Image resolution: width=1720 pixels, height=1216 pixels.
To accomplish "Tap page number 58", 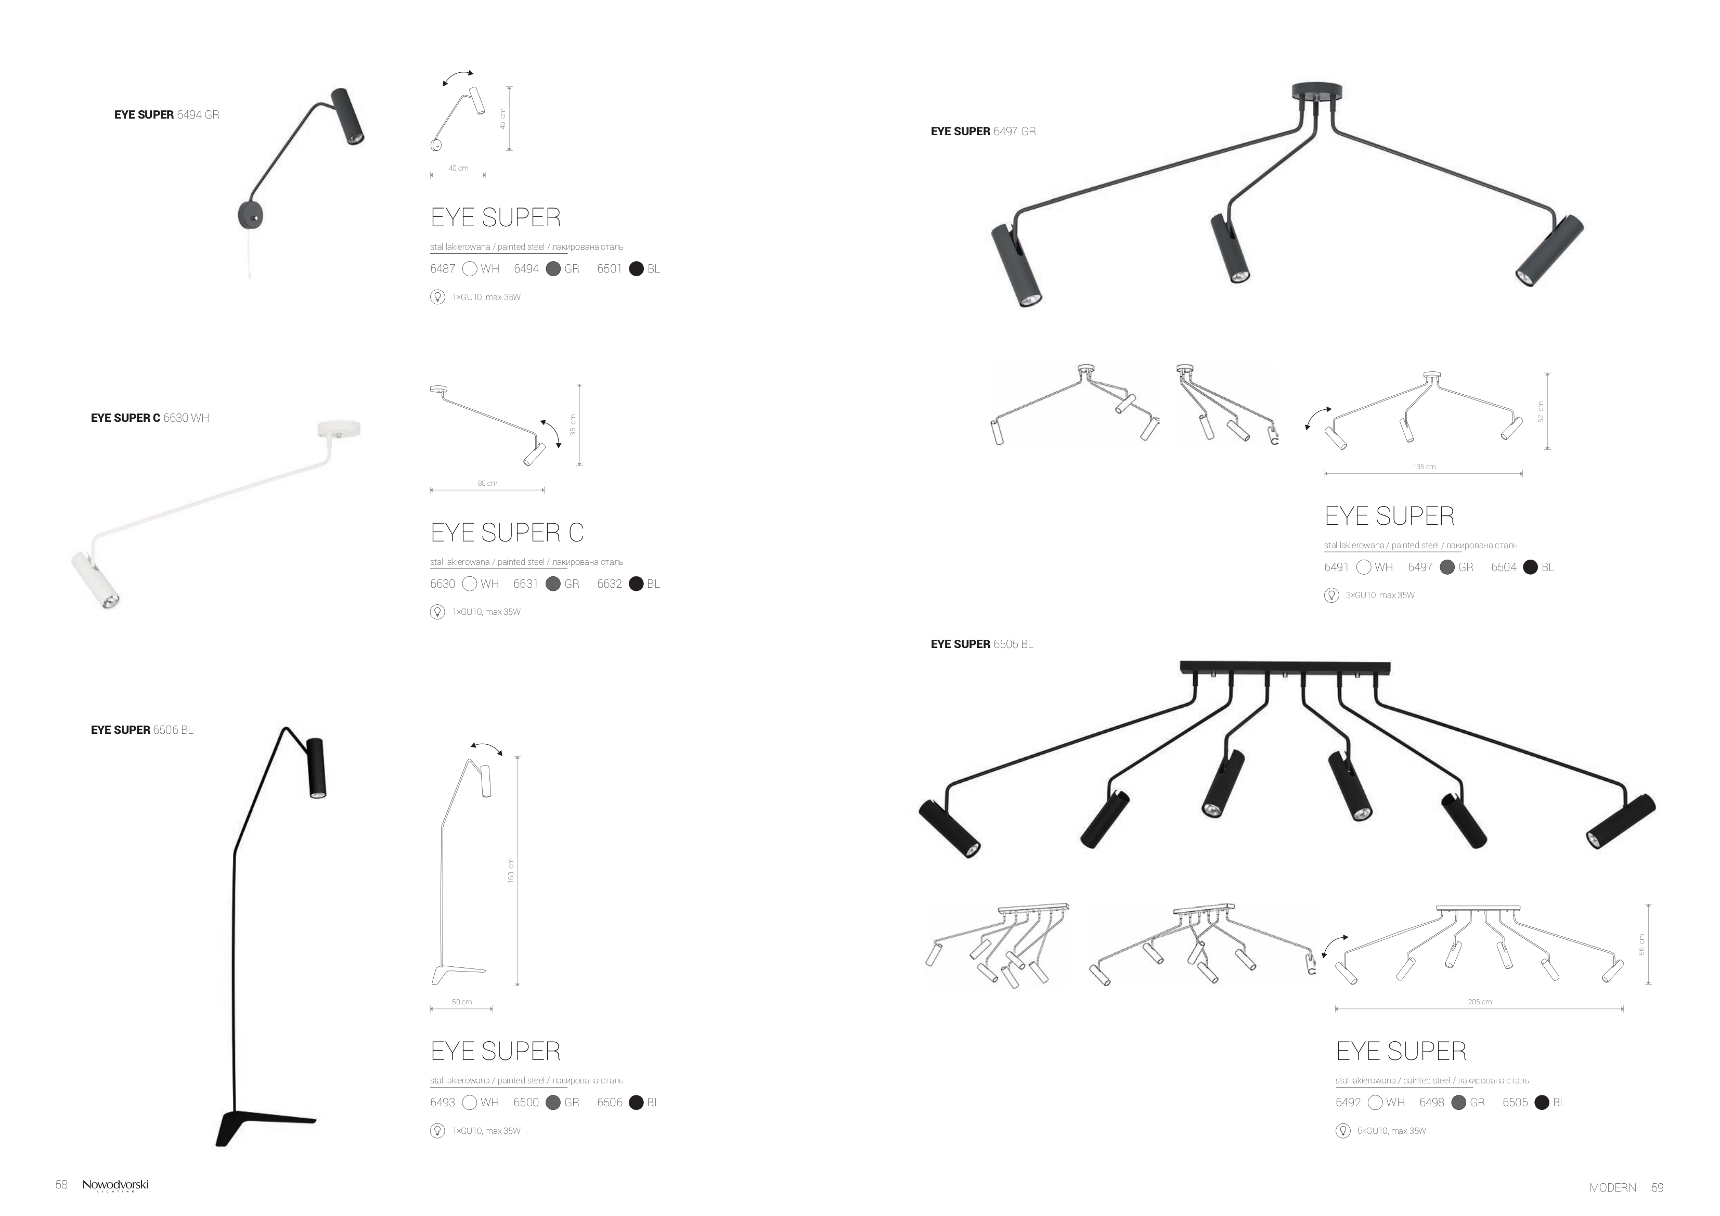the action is click(x=61, y=1184).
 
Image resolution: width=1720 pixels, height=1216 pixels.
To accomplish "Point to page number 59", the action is click(x=1657, y=1187).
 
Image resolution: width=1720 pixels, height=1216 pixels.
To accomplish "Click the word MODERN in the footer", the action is click(x=1613, y=1187).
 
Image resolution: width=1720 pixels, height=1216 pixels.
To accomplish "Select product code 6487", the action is click(x=443, y=269).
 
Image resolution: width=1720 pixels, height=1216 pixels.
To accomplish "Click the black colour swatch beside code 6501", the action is click(x=636, y=269).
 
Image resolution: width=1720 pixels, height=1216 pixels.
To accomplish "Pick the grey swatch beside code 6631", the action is click(x=553, y=584).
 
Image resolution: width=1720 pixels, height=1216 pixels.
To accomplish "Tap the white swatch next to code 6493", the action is click(x=470, y=1102).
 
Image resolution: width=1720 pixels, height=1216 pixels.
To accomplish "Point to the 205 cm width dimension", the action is click(x=1480, y=1002).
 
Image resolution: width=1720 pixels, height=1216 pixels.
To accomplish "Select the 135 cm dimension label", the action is click(x=1424, y=467).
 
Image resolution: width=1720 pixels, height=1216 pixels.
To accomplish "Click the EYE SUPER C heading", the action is click(x=507, y=532).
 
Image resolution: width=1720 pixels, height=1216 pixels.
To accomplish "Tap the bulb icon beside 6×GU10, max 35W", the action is click(x=1343, y=1131).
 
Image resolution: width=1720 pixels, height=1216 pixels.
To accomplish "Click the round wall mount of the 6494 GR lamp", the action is click(x=250, y=214).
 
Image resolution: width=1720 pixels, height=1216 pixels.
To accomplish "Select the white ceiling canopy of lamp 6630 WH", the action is click(x=339, y=429).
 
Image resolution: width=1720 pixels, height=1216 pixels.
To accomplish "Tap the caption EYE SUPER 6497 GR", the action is click(x=983, y=131).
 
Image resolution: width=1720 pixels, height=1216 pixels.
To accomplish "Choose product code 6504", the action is click(x=1504, y=567).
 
